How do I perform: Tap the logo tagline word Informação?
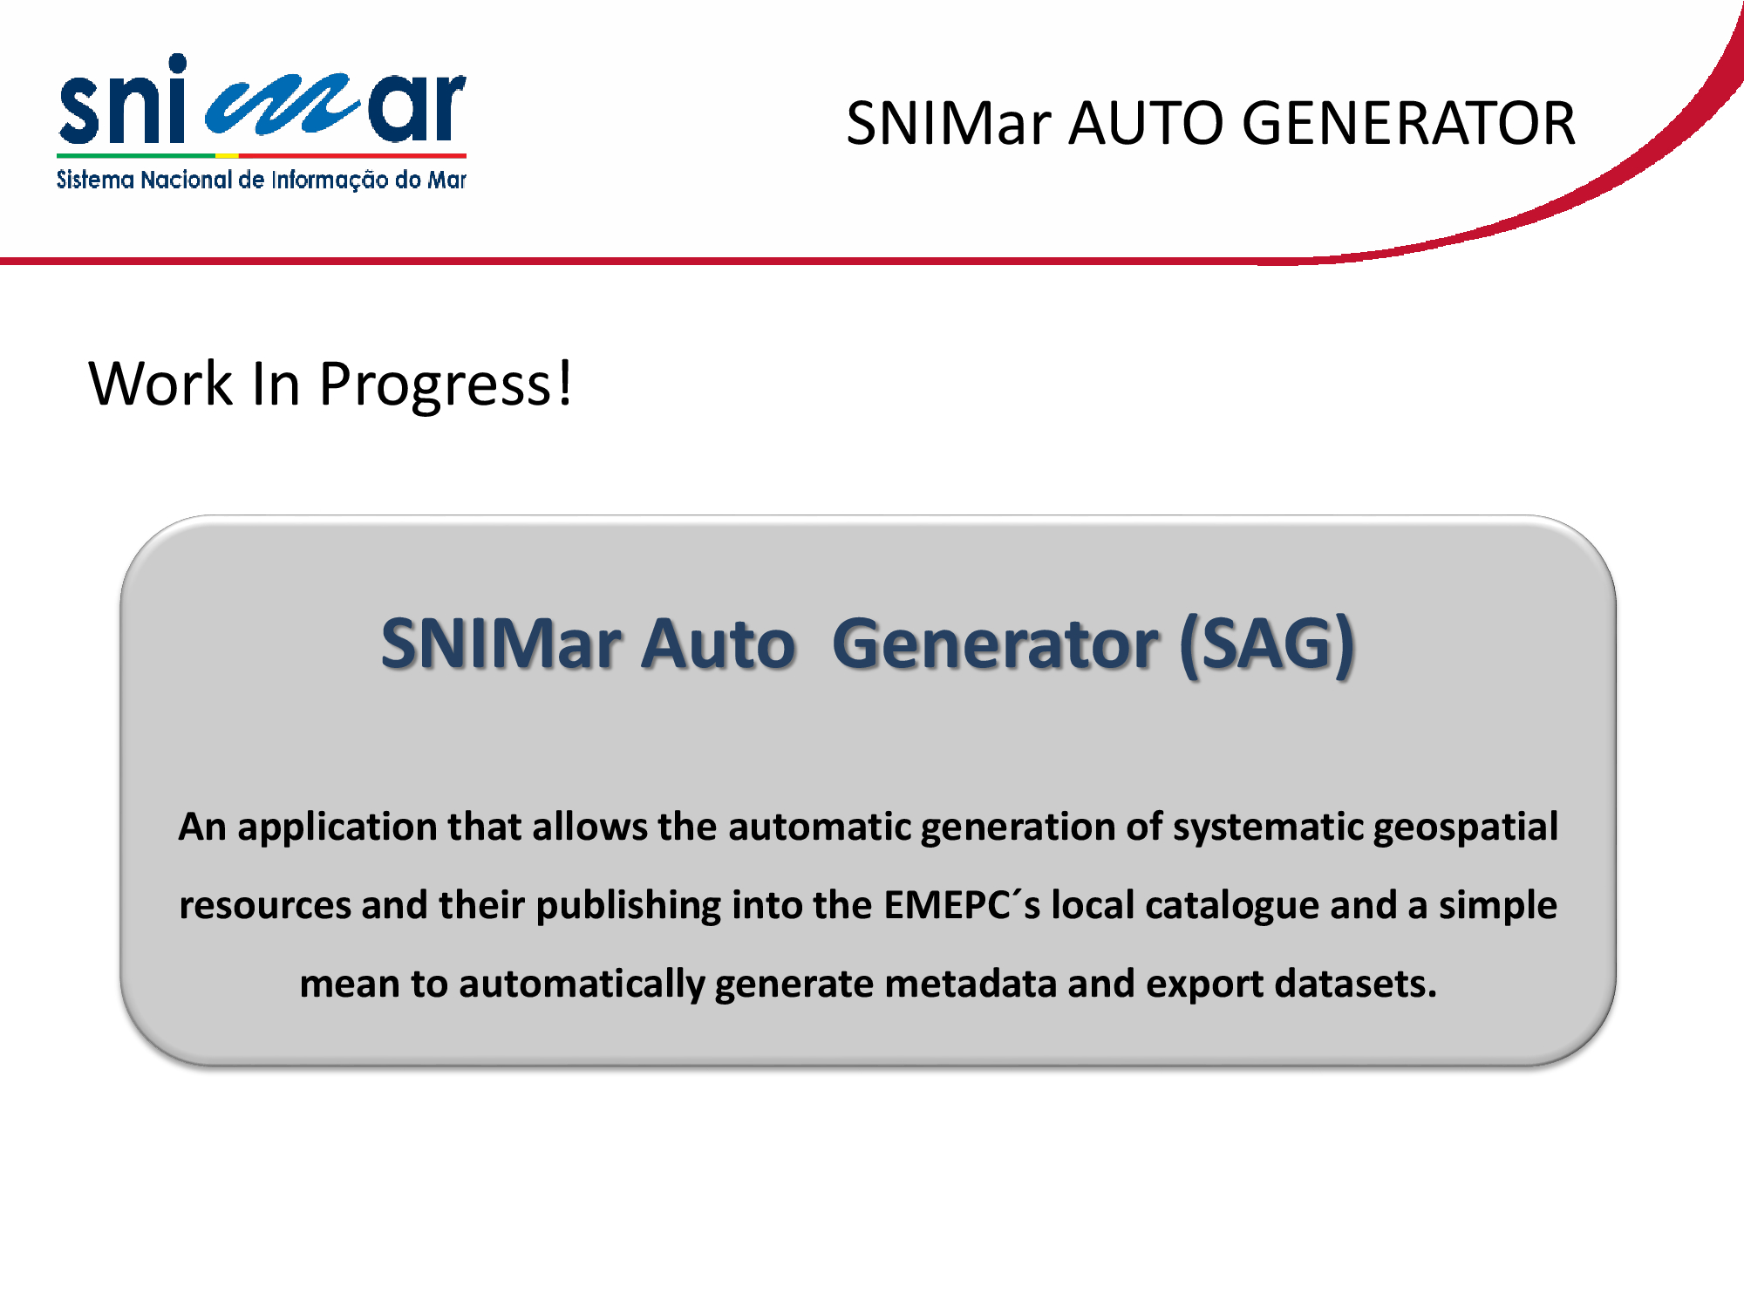click(x=330, y=181)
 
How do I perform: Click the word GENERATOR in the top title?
click(x=1408, y=123)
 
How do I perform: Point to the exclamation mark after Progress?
click(x=565, y=382)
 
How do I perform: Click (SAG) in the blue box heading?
click(x=1267, y=644)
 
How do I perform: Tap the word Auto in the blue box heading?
click(x=719, y=644)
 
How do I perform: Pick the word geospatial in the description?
click(x=1466, y=828)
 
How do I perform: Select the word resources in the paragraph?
click(x=265, y=906)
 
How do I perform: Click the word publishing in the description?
click(x=629, y=906)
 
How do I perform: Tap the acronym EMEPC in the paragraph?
click(x=946, y=905)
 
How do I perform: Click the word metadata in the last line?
click(x=971, y=984)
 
